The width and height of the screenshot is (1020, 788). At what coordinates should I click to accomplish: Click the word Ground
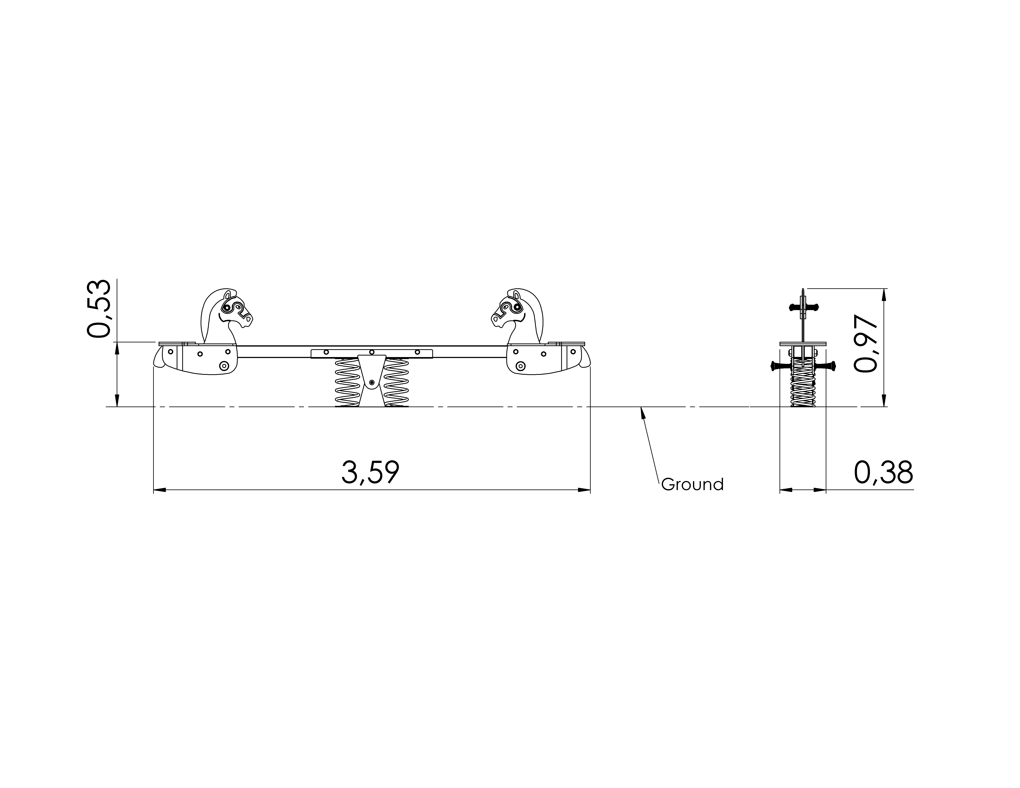tap(692, 485)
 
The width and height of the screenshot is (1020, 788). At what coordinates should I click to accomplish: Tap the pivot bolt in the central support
tap(372, 383)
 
